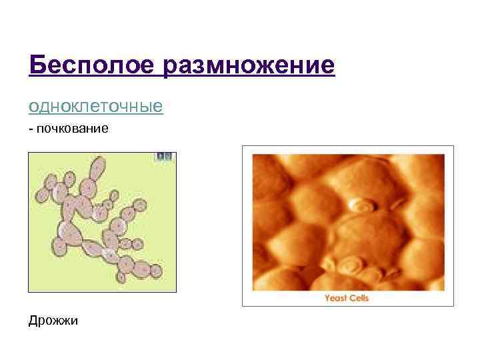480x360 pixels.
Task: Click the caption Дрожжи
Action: [53, 321]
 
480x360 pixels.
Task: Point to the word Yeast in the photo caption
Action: [336, 298]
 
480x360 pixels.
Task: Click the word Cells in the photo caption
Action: [358, 298]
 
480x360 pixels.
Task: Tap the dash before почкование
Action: [31, 128]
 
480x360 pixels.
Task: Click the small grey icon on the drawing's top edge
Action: [163, 156]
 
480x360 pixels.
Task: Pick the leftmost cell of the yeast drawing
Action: [41, 195]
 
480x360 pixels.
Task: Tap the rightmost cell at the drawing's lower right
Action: [155, 271]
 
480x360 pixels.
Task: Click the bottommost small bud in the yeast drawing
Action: [123, 279]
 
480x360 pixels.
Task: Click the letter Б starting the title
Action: [37, 65]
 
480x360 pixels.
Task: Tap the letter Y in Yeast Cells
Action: [327, 298]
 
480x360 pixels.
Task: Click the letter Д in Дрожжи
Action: [33, 321]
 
